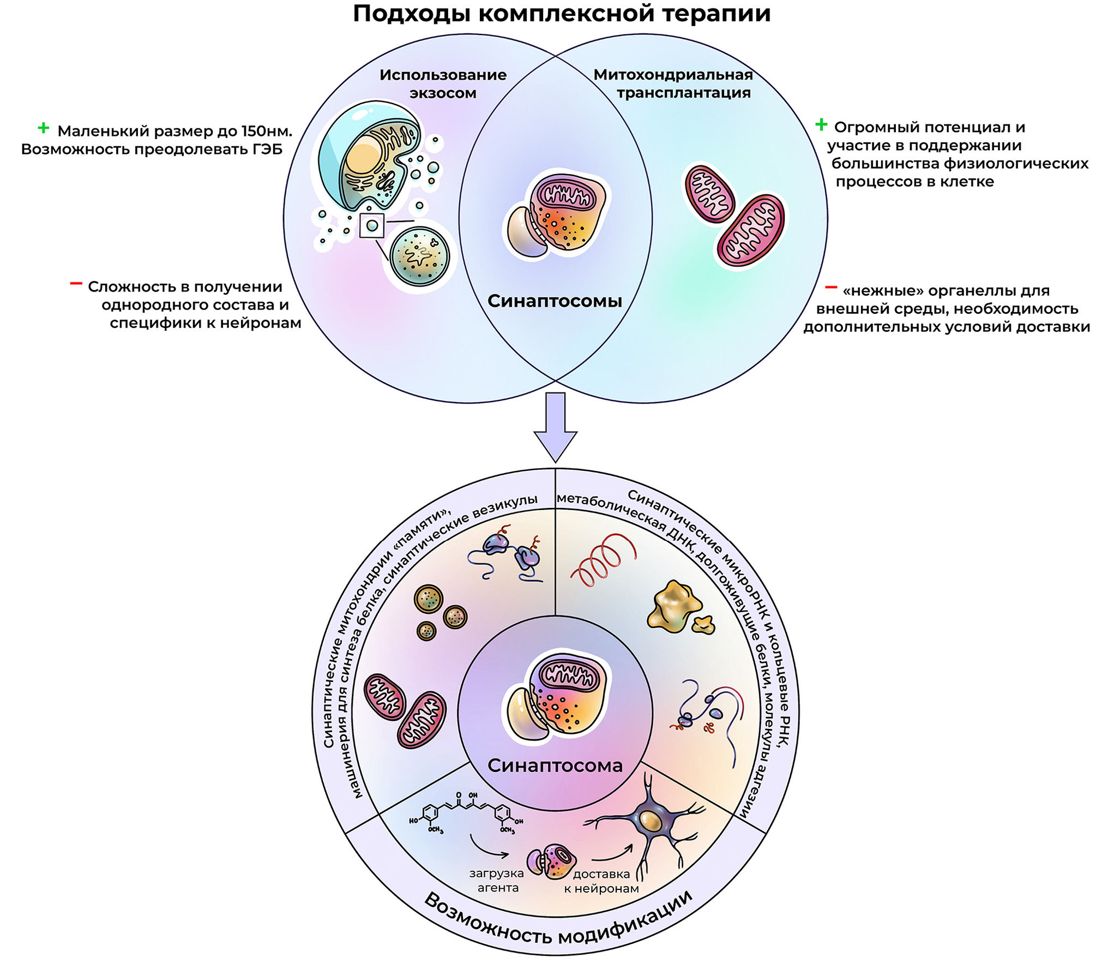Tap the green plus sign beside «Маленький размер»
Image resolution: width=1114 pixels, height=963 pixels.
coord(43,129)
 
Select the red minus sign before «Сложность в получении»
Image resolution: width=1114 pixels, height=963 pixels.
coord(76,284)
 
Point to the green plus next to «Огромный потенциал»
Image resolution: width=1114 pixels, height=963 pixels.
coord(821,125)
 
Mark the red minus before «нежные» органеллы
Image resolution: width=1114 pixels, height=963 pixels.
coord(831,287)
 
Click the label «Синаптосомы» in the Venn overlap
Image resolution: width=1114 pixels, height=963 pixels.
coord(555,301)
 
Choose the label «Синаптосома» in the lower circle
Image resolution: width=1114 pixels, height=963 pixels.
coord(555,765)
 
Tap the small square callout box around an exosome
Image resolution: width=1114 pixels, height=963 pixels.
coord(372,225)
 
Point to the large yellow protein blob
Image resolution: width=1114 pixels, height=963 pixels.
coord(673,606)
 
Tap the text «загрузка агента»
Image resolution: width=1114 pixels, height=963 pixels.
coord(497,881)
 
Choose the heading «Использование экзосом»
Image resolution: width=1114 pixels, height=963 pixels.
coord(443,83)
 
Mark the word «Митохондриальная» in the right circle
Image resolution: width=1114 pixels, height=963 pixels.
coord(673,75)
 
